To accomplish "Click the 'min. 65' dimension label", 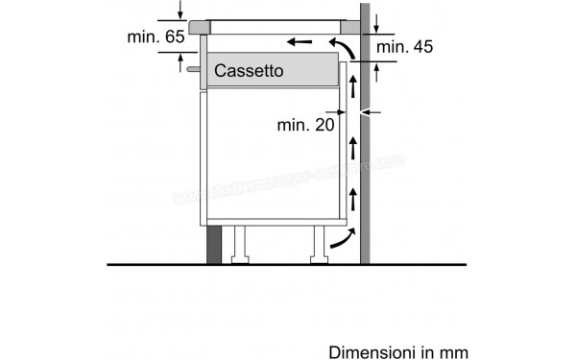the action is (156, 36).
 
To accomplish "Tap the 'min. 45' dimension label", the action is (406, 47).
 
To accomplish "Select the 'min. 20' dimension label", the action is (304, 124).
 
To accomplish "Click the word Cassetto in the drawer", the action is (249, 71).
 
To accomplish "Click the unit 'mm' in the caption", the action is (456, 352).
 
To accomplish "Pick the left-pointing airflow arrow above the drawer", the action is (300, 42).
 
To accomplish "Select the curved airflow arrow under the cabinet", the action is (339, 240).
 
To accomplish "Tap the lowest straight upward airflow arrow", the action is (352, 200).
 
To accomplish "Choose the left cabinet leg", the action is (240, 244).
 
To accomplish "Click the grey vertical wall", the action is (366, 144).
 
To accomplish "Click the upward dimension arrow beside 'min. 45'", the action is (376, 71).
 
